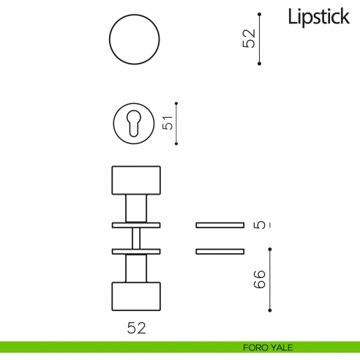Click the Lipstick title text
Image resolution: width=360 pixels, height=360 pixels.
point(319,17)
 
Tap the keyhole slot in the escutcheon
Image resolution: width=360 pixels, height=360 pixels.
point(134,124)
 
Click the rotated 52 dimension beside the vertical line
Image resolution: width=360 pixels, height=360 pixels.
point(249,38)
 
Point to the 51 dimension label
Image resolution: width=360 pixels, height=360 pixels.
point(168,123)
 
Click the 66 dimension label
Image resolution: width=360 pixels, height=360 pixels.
point(260,280)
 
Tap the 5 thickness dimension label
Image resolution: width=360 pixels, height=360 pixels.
point(260,225)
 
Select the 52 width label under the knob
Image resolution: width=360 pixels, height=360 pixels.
point(136,328)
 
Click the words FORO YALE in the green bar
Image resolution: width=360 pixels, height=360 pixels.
point(268,348)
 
